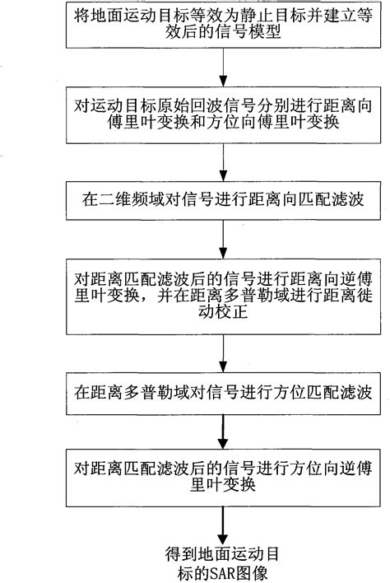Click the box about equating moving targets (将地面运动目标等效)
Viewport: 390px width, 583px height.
(222, 26)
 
